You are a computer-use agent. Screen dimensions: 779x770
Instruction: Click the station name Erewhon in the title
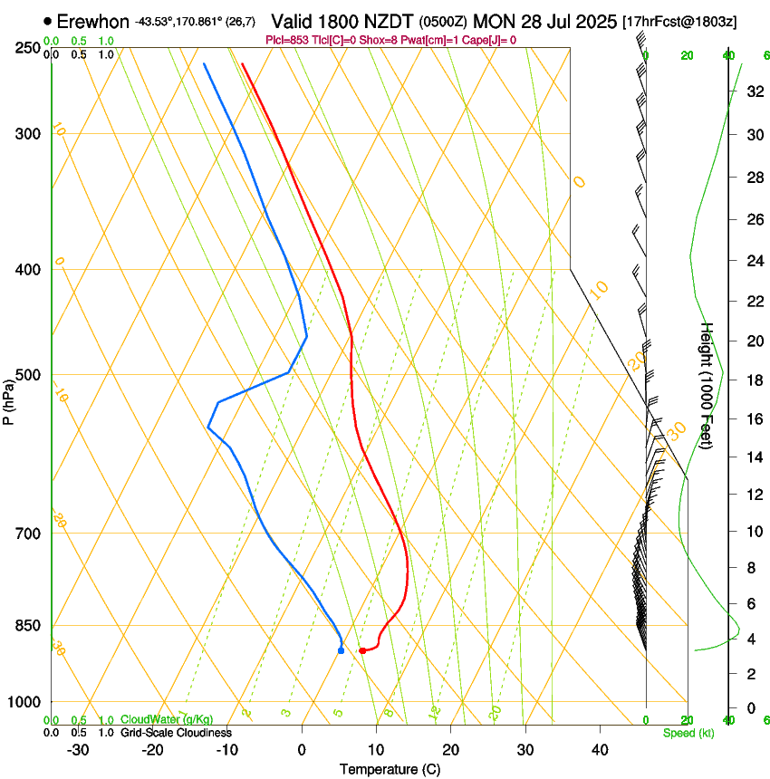pos(92,21)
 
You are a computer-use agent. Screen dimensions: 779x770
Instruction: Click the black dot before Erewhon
pos(47,21)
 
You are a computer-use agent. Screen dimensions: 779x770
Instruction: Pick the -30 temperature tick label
pos(78,749)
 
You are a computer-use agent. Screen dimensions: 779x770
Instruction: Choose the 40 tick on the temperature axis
pos(599,749)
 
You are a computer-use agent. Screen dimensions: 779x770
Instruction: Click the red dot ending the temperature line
pos(361,650)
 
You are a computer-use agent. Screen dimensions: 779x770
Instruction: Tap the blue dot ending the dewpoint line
pos(341,650)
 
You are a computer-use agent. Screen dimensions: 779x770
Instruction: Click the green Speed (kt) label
pos(688,733)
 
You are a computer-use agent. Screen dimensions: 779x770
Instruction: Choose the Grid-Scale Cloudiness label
pos(176,733)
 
